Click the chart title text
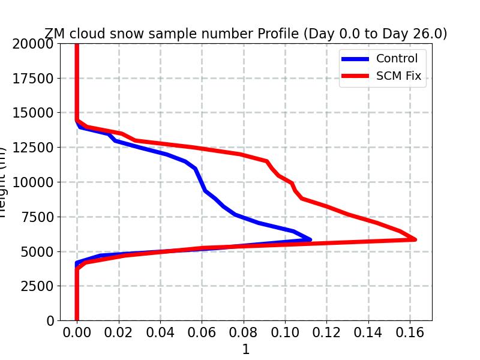point(245,34)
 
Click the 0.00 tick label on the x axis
point(77,332)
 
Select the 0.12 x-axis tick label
point(326,332)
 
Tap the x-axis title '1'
point(245,349)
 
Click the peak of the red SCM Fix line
point(415,239)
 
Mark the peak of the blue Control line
point(310,239)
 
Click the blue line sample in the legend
point(355,59)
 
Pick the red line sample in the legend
point(355,76)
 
